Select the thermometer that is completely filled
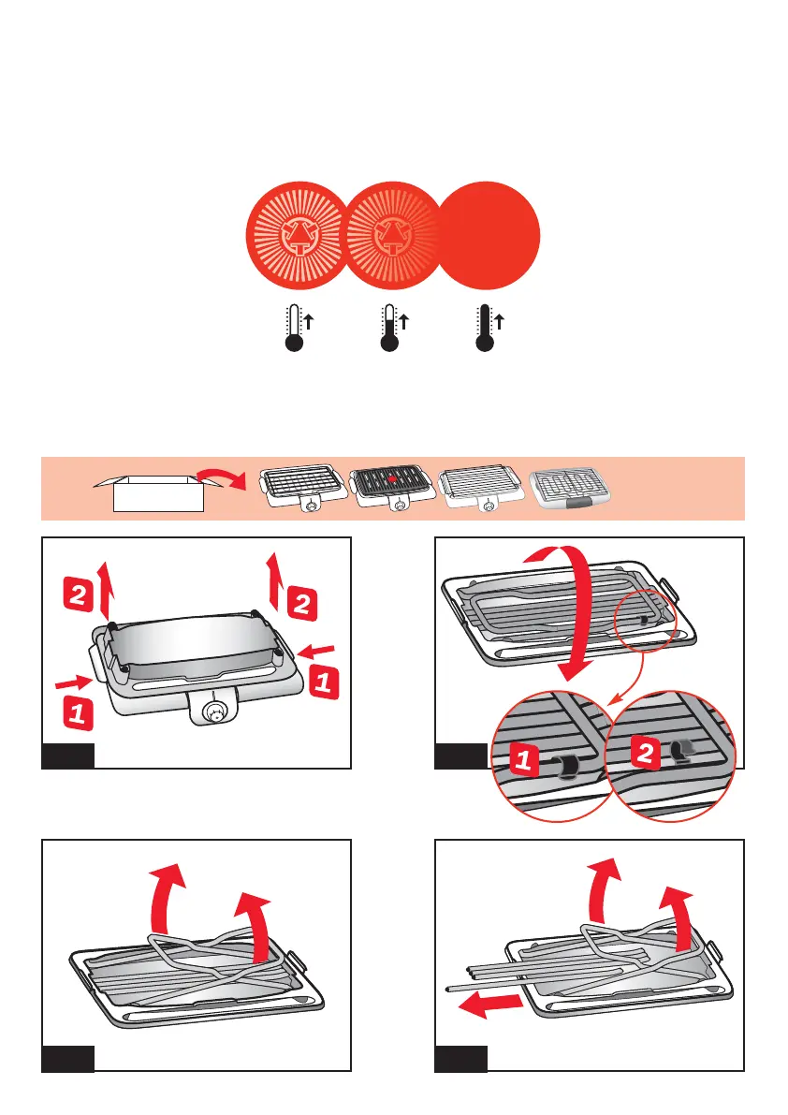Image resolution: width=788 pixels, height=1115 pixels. (484, 329)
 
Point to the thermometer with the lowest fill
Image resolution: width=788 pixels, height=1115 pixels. (294, 329)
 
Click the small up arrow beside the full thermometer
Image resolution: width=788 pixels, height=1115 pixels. (499, 322)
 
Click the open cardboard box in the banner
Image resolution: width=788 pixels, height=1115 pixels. (157, 492)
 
